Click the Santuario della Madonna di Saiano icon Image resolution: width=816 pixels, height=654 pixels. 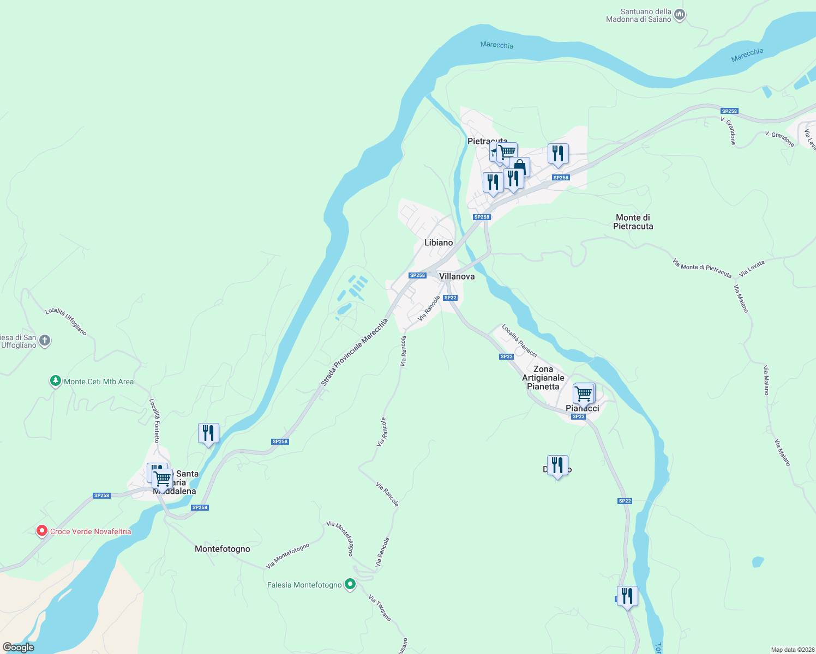tap(680, 15)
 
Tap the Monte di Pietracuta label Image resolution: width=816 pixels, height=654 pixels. tap(633, 222)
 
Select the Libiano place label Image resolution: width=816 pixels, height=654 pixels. tap(439, 243)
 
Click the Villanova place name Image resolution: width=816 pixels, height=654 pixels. tap(457, 276)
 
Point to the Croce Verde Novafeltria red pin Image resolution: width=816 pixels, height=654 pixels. tap(41, 530)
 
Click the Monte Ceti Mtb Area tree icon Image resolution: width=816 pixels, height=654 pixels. tap(55, 381)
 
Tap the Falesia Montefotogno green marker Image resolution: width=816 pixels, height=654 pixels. tap(350, 584)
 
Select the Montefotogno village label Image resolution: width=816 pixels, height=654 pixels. tap(223, 549)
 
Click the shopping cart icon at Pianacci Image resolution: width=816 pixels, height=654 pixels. tap(584, 393)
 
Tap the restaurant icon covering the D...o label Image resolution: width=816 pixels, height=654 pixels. tap(557, 465)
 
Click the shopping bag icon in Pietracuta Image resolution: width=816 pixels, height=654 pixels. tap(520, 166)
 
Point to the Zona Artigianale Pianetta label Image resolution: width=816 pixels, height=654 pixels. tap(543, 378)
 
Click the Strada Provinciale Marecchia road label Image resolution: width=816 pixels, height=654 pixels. tap(354, 353)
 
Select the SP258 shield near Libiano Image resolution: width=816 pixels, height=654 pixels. tap(417, 275)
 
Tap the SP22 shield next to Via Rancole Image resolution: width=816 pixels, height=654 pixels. tap(450, 298)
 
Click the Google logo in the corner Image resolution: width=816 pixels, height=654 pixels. tap(18, 647)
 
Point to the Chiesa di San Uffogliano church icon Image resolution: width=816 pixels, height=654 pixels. tap(45, 341)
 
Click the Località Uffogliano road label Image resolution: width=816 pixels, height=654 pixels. tap(66, 321)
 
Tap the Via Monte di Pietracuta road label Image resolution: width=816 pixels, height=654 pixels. tap(701, 268)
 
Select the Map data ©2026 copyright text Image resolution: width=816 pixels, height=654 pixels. tap(792, 650)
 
